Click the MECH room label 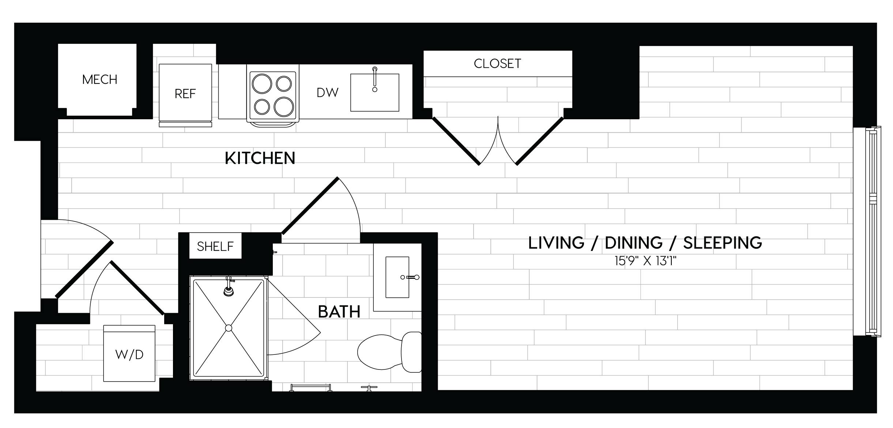pos(99,79)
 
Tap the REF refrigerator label pos(185,94)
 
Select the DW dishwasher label pos(328,93)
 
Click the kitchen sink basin pos(374,93)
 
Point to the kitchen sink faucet pos(374,79)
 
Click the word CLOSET pos(497,64)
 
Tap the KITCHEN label pos(260,158)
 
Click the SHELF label pos(215,247)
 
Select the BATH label pos(339,312)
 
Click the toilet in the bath pos(389,352)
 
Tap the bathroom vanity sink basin pos(397,277)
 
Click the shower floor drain pos(229,328)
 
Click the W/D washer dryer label pos(129,354)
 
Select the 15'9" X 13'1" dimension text pos(645,261)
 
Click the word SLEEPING pos(723,243)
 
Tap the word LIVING pos(556,243)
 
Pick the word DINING pos(634,243)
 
